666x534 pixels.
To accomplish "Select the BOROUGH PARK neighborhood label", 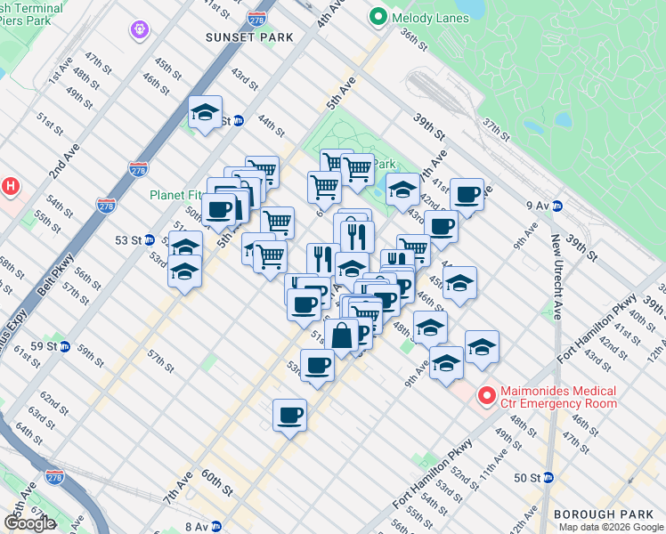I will pyautogui.click(x=609, y=514).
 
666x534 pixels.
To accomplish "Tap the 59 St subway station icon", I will pyautogui.click(x=65, y=346).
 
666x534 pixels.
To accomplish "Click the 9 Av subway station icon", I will pyautogui.click(x=558, y=205).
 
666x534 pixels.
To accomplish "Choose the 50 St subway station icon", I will pyautogui.click(x=548, y=478).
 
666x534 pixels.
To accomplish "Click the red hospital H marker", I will pyautogui.click(x=11, y=186).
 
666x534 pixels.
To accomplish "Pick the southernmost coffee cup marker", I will pyautogui.click(x=289, y=415).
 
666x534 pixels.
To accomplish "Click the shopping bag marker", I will pyautogui.click(x=341, y=336).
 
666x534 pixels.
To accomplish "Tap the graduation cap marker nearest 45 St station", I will pyautogui.click(x=205, y=113).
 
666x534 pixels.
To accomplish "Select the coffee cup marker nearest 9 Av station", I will pyautogui.click(x=467, y=195).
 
